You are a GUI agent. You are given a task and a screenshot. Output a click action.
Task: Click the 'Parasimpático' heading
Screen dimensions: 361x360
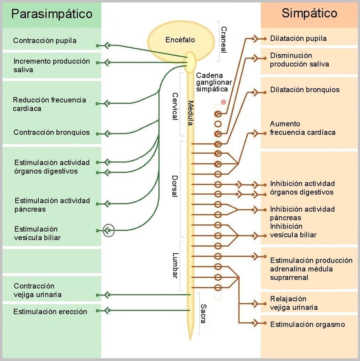pyautogui.click(x=52, y=14)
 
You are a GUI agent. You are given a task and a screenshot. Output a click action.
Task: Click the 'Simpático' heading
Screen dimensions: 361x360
pyautogui.click(x=309, y=13)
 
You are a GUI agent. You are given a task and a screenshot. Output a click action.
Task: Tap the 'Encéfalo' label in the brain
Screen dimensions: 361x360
pyautogui.click(x=180, y=40)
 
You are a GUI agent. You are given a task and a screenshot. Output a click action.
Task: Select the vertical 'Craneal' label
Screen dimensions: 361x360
pyautogui.click(x=224, y=40)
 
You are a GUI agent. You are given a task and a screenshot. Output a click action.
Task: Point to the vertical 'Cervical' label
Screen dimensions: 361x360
pyautogui.click(x=175, y=106)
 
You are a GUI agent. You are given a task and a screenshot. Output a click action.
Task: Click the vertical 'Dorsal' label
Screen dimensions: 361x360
pyautogui.click(x=175, y=186)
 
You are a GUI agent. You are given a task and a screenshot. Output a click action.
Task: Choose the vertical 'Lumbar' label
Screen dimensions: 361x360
pyautogui.click(x=175, y=265)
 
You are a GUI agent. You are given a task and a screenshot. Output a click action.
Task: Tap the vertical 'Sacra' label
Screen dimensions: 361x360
pyautogui.click(x=203, y=313)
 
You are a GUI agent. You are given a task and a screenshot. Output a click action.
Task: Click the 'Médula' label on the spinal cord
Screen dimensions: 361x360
pyautogui.click(x=190, y=113)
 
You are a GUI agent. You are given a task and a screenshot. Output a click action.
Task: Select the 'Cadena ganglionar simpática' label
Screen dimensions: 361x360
pyautogui.click(x=214, y=82)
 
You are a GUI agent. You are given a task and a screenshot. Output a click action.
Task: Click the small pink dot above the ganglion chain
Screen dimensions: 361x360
pyautogui.click(x=223, y=102)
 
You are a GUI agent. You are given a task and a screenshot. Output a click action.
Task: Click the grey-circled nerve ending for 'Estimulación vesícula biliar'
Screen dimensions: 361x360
pyautogui.click(x=108, y=230)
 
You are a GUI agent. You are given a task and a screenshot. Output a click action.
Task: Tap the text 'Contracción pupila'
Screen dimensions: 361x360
pyautogui.click(x=45, y=41)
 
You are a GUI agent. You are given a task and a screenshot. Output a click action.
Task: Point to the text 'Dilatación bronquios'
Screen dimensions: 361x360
pyautogui.click(x=304, y=90)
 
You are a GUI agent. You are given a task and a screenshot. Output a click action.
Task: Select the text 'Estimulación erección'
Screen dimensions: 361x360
pyautogui.click(x=50, y=312)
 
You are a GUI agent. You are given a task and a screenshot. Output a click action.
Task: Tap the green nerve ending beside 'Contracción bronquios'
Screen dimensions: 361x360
pyautogui.click(x=106, y=134)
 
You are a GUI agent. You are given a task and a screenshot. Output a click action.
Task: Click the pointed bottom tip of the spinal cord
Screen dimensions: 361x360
pyautogui.click(x=190, y=339)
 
